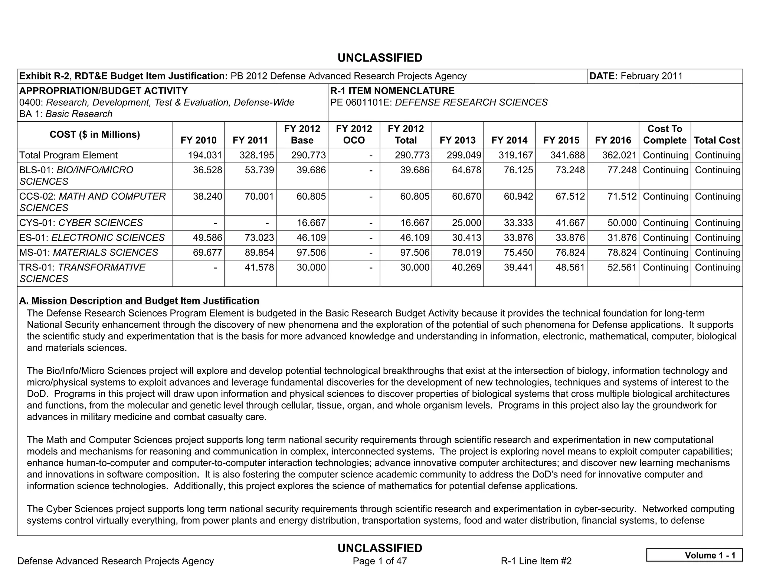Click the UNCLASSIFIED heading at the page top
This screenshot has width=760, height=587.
[x=380, y=58]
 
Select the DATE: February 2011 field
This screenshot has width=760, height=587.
[x=636, y=76]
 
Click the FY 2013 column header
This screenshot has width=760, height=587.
[x=458, y=140]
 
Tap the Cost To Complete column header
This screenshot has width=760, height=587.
[x=665, y=135]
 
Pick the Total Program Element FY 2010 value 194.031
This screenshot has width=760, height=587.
[x=205, y=155]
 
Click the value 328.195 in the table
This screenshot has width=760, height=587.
[x=257, y=155]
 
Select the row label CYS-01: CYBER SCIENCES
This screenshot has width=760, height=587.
[x=81, y=223]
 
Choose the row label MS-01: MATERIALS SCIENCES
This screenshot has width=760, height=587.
[x=89, y=252]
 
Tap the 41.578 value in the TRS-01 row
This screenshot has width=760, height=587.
[x=259, y=267]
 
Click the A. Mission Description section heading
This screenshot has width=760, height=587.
[x=139, y=300]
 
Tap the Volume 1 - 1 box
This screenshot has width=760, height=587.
[x=694, y=555]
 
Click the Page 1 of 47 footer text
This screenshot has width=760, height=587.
[x=380, y=561]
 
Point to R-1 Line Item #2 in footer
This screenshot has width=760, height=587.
[x=536, y=561]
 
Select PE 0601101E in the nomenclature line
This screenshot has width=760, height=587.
[x=360, y=102]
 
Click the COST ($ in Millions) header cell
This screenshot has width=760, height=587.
[x=95, y=135]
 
